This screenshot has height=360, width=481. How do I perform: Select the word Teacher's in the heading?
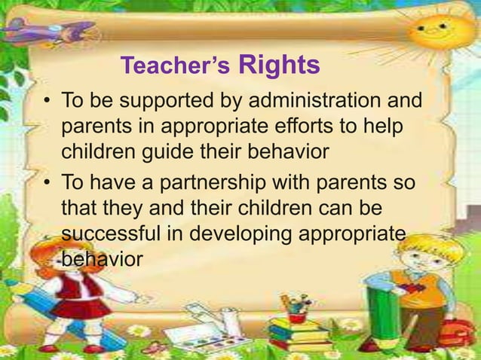tap(175, 68)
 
